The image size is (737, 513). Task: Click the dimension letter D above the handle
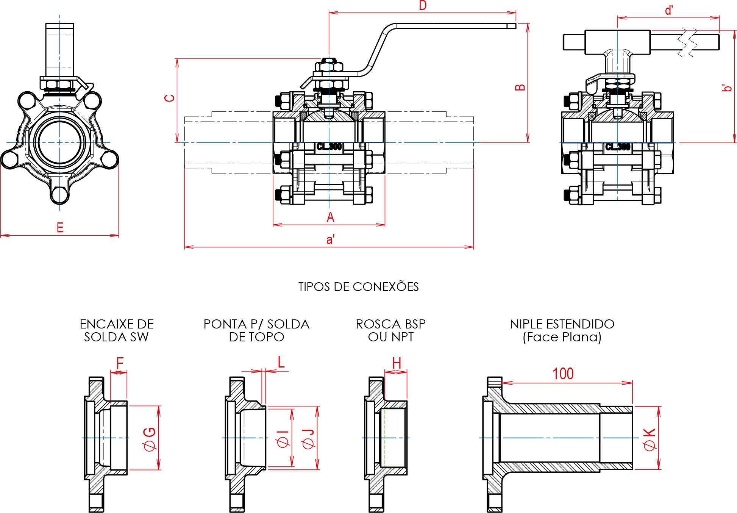point(423,5)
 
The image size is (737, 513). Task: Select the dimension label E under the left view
point(60,227)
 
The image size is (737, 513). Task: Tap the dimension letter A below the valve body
point(330,217)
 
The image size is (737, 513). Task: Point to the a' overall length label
point(330,239)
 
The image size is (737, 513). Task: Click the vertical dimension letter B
point(520,87)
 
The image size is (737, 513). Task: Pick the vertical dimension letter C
point(170,98)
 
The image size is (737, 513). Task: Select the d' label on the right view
point(669,10)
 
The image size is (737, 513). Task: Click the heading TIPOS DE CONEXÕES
point(358,286)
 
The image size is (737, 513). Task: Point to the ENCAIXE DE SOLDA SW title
point(117,330)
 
